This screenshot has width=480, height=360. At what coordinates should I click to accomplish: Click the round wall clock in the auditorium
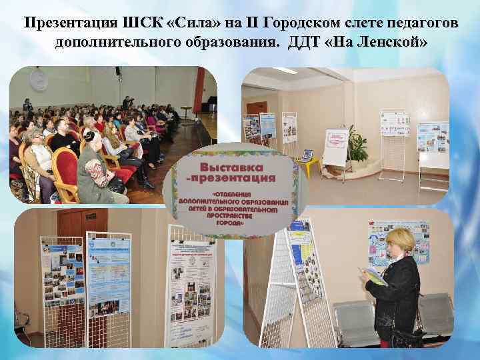39,81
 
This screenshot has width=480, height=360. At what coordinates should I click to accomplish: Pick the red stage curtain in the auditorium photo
198,100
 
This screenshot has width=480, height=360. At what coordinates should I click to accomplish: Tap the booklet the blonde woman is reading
373,275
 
